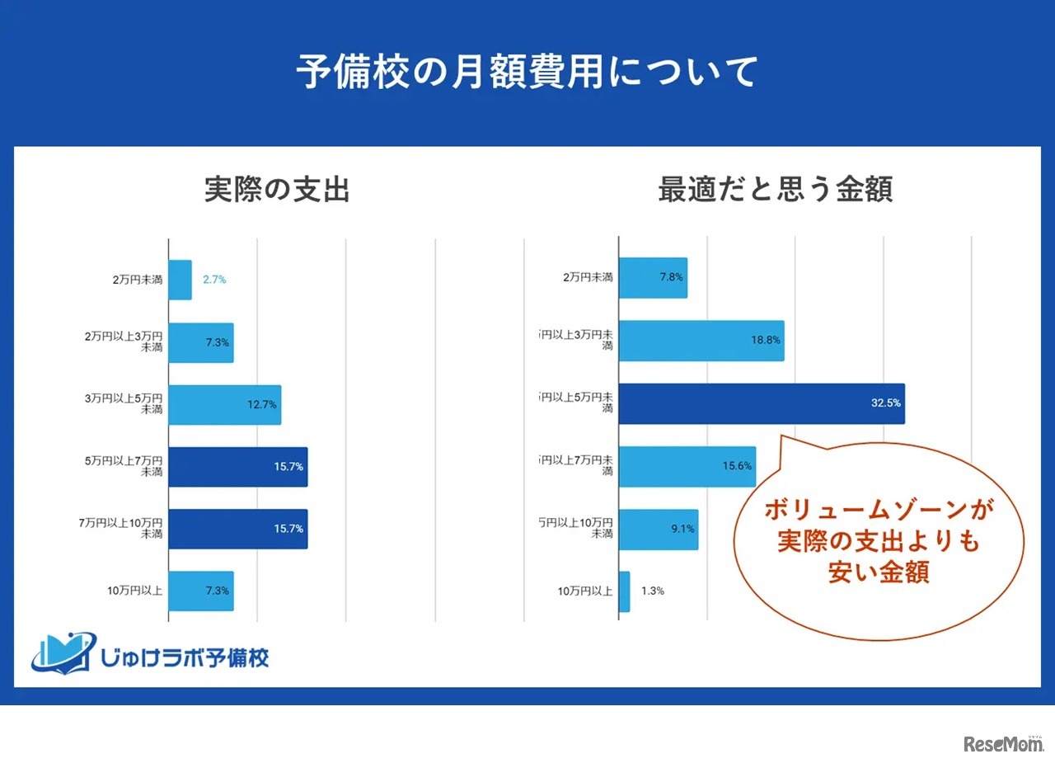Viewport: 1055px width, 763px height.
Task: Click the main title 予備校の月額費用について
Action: [527, 73]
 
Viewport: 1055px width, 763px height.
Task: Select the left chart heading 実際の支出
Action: [277, 190]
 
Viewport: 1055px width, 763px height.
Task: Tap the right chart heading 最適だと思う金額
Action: [775, 190]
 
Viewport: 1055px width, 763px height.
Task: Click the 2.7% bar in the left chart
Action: [181, 280]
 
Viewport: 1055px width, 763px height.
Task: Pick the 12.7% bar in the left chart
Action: [225, 405]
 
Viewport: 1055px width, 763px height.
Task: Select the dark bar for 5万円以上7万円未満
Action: [238, 467]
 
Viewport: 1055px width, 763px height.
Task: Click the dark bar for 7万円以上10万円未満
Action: [238, 529]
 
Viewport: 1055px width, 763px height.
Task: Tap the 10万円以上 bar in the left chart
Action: [201, 591]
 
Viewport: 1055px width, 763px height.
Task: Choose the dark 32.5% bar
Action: [761, 404]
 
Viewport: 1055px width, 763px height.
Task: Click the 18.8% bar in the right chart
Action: [701, 341]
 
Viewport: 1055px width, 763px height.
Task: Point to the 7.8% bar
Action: [653, 278]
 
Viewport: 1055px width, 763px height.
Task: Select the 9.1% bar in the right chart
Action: [658, 530]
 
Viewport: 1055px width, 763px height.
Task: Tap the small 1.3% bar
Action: [625, 591]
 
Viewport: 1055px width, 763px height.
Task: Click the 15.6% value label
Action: [737, 466]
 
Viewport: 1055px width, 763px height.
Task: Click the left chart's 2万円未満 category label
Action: [138, 280]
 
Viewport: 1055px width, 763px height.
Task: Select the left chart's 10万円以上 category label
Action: [134, 591]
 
